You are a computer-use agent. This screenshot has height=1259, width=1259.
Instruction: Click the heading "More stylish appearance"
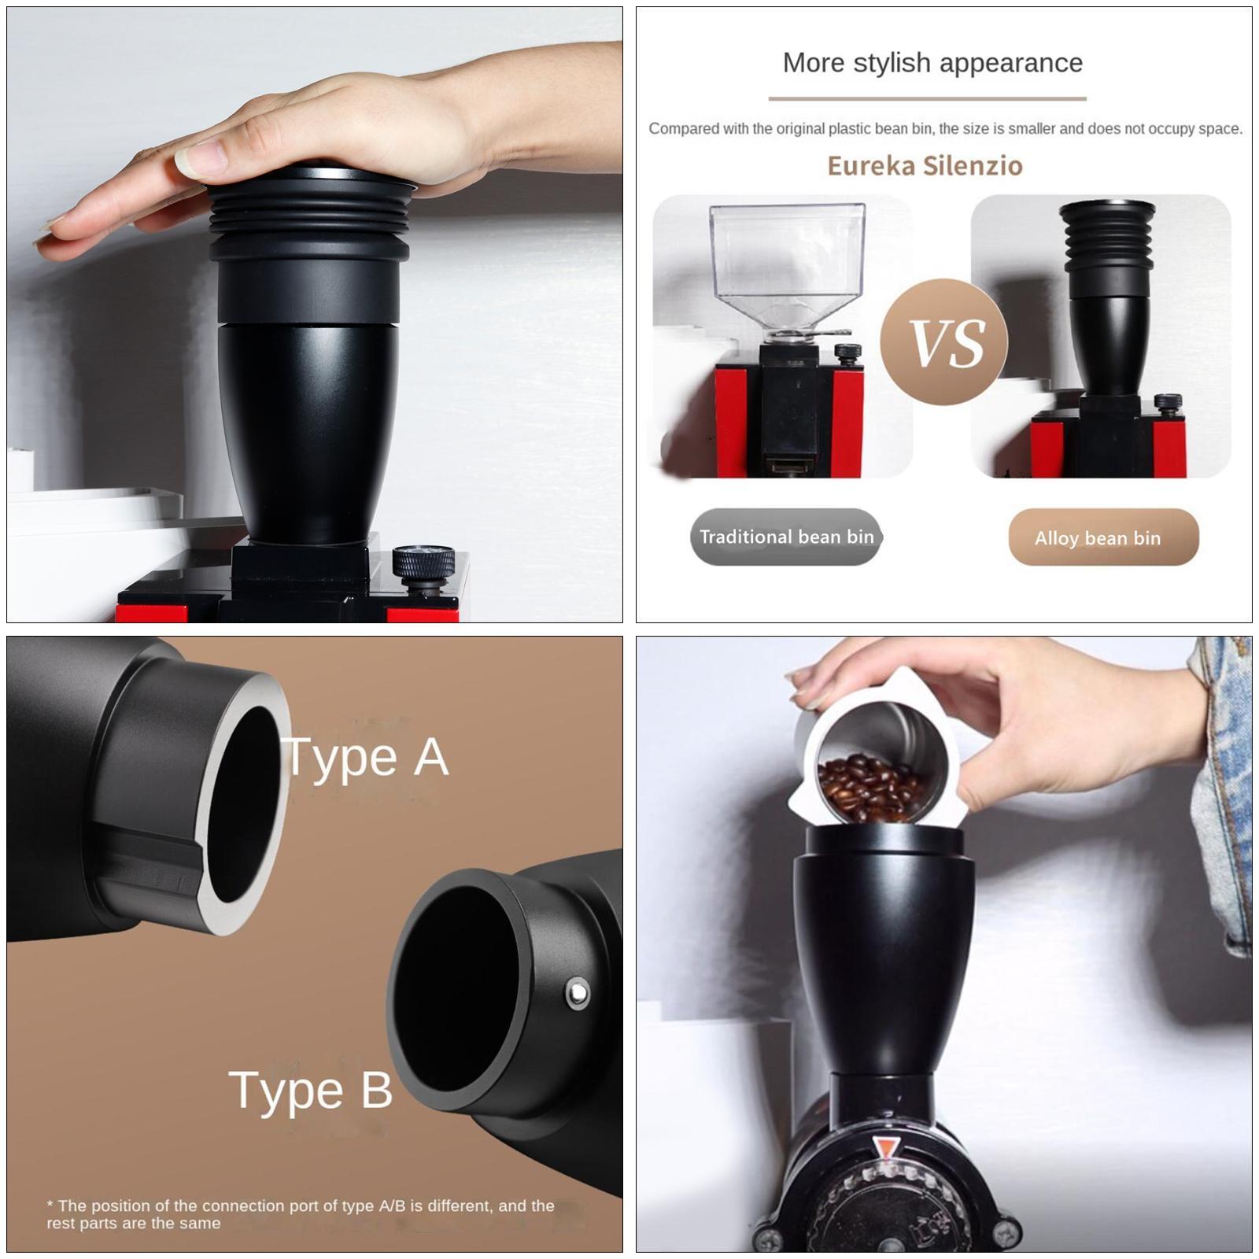coord(932,63)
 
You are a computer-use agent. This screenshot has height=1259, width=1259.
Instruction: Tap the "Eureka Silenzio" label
coord(925,165)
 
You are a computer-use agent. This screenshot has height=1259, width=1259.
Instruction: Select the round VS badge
coord(944,342)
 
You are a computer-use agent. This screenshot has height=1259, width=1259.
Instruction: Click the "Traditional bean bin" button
coord(786,537)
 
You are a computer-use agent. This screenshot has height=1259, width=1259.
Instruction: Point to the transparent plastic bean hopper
coord(787,260)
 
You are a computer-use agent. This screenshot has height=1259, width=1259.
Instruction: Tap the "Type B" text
coord(311,1090)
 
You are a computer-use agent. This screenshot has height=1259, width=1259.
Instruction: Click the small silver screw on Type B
coord(578,994)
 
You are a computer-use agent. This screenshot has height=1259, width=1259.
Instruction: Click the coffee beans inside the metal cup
coord(866,787)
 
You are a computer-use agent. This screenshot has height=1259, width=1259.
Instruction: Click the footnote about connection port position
coord(299,1213)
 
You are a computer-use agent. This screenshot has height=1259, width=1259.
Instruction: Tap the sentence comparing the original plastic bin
coord(944,129)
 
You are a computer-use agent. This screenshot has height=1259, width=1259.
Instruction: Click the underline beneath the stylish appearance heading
coord(927,99)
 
